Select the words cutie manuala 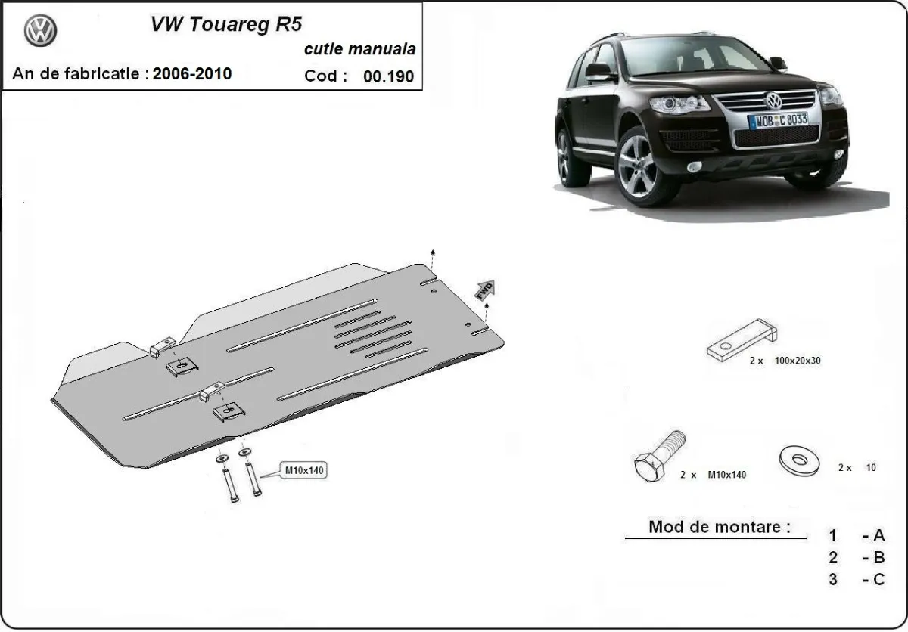tap(359, 50)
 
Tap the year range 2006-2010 tap(192, 73)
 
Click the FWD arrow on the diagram tap(484, 289)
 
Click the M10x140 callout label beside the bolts tap(303, 470)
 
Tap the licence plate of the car tap(777, 120)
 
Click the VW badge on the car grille tap(773, 101)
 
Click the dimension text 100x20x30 tap(798, 361)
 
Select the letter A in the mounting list tap(878, 536)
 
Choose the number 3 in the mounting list tap(833, 580)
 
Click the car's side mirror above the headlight tap(598, 73)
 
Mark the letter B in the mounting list tap(878, 558)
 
